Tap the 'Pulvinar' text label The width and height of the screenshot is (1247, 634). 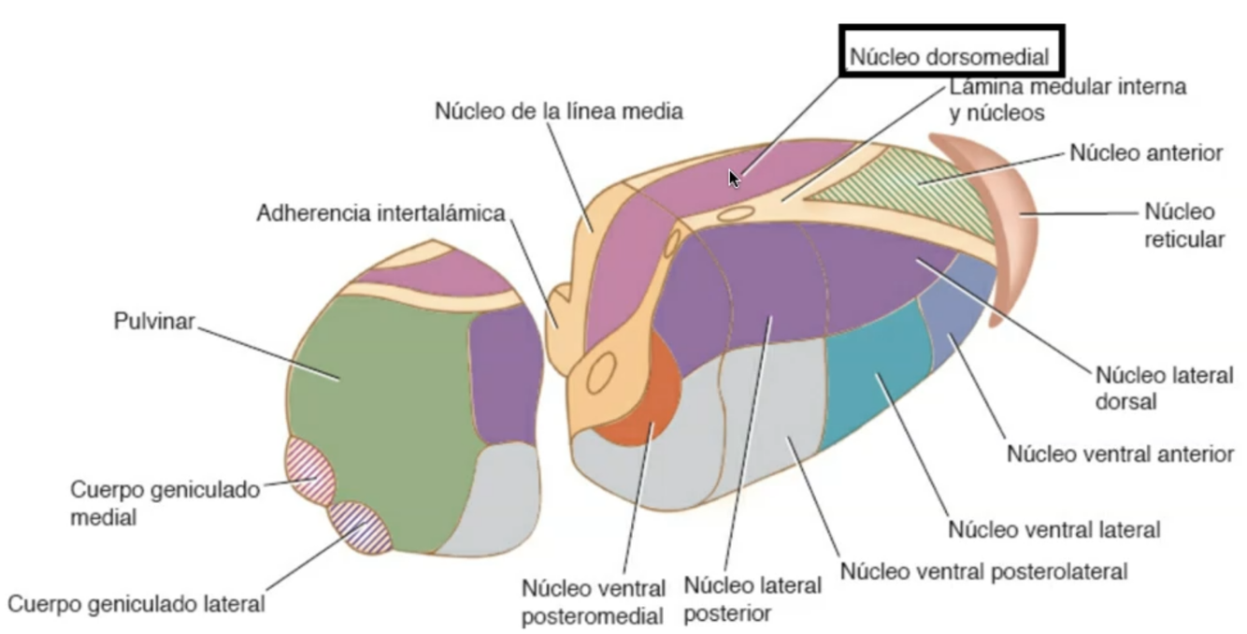154,322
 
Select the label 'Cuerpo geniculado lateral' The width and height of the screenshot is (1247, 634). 136,603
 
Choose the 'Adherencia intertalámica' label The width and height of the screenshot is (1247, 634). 380,213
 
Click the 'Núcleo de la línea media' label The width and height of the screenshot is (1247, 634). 559,110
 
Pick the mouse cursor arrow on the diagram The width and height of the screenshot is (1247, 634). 735,178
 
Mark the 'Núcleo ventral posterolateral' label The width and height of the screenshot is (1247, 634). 984,570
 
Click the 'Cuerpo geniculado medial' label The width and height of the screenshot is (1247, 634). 165,503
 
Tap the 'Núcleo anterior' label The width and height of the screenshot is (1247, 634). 1146,152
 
